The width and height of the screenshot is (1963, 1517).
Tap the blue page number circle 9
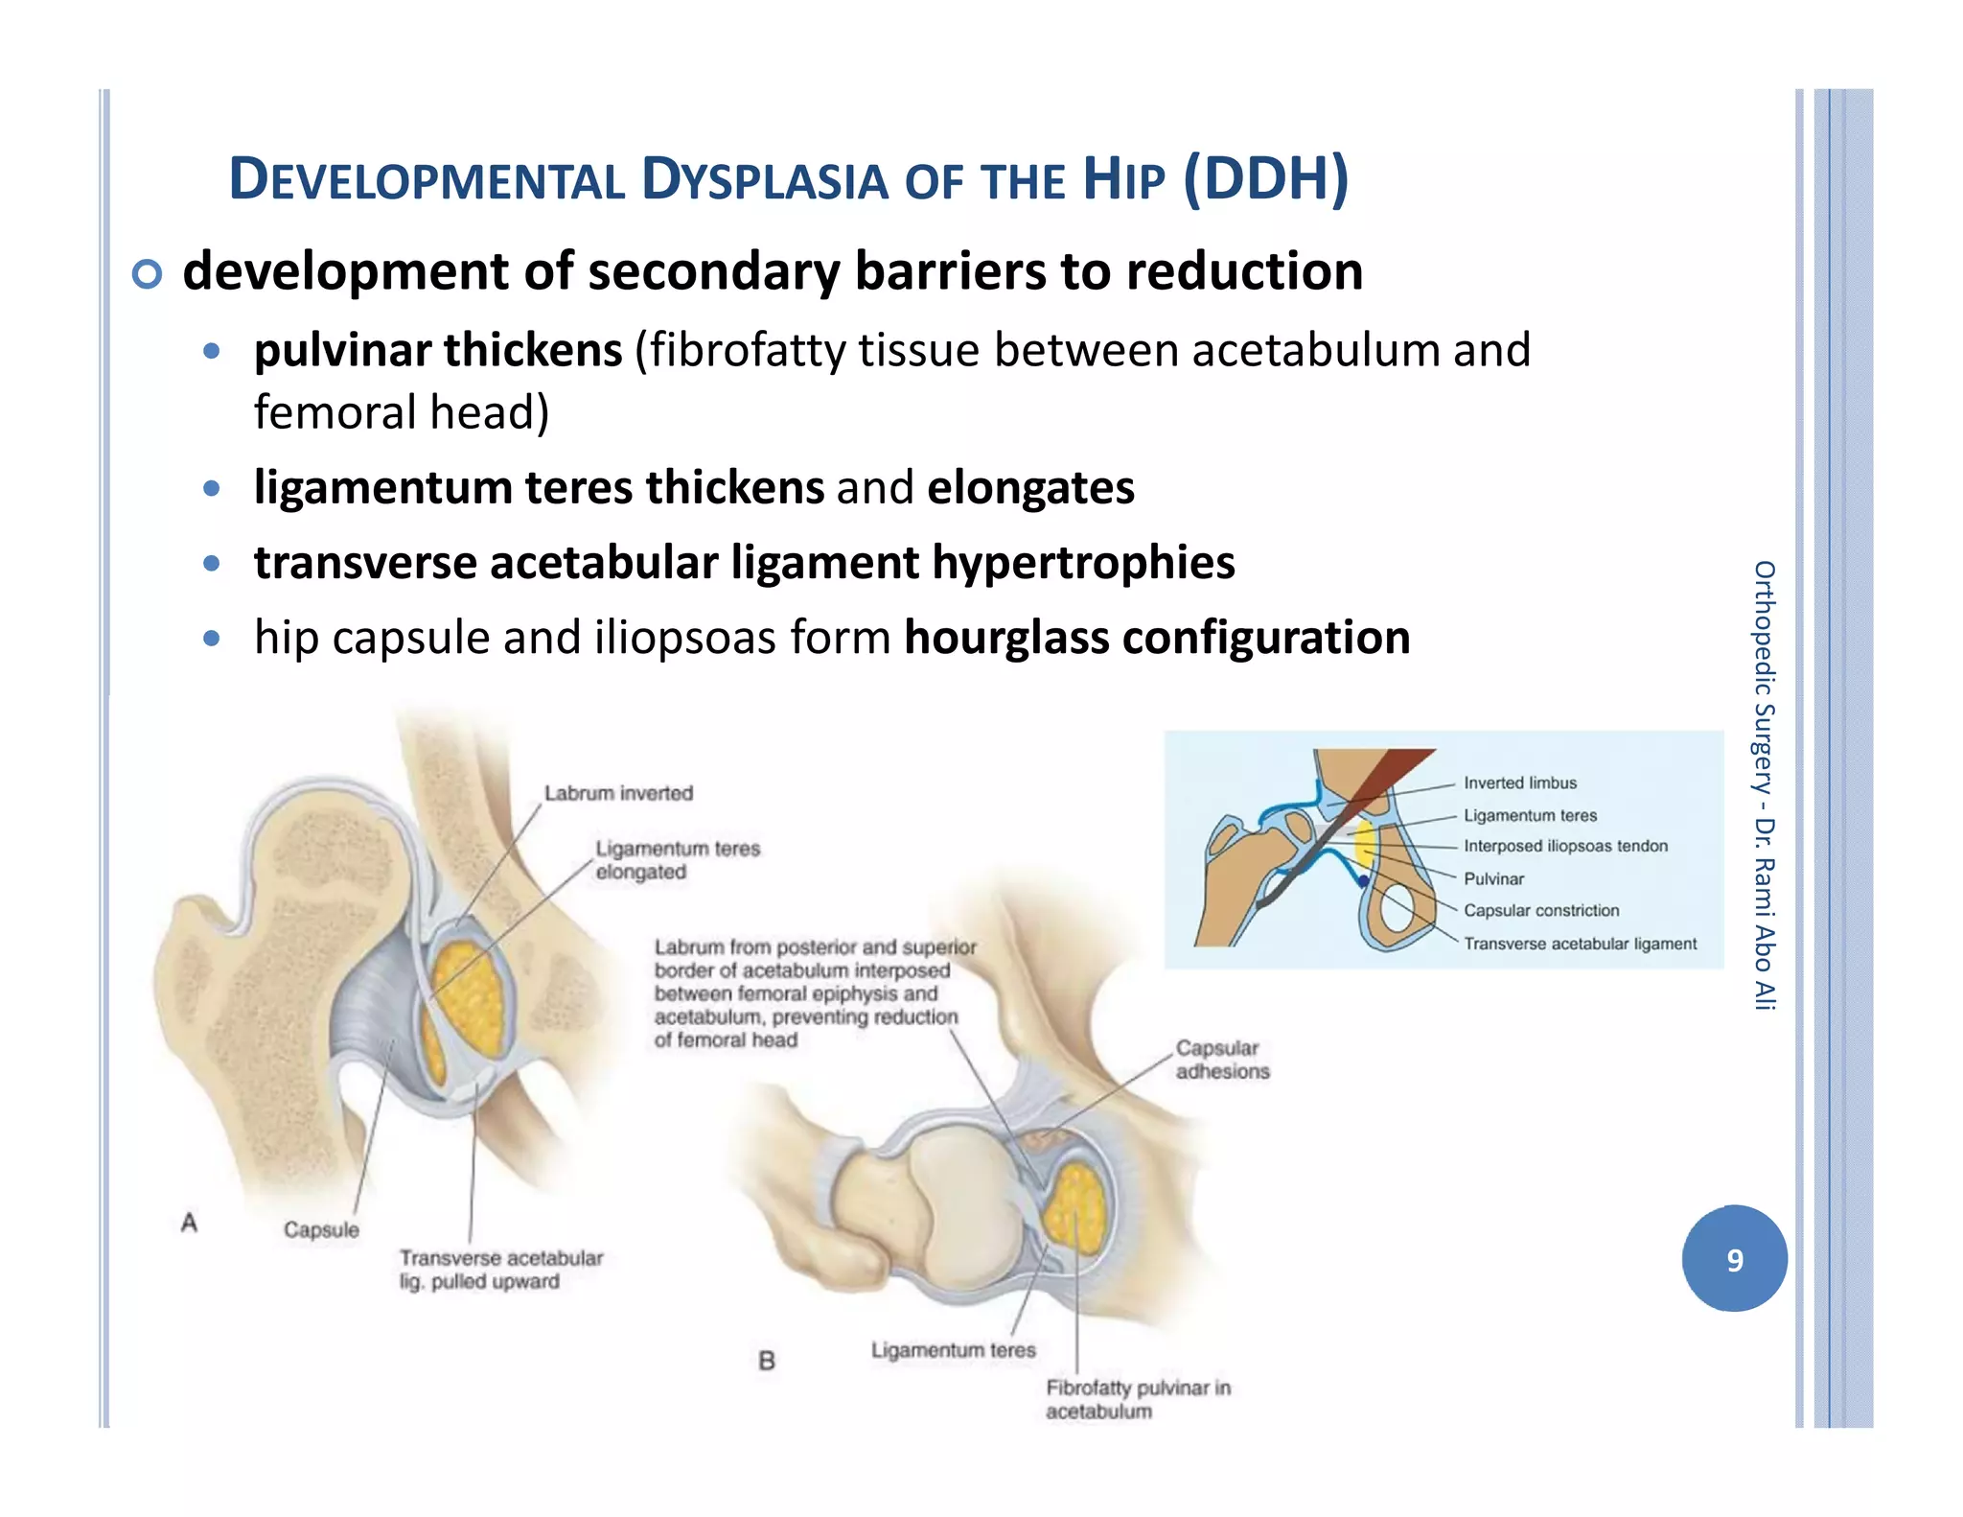[1734, 1259]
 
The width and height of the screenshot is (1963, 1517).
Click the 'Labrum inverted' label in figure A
[618, 793]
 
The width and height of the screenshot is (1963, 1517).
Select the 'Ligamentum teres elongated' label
[677, 860]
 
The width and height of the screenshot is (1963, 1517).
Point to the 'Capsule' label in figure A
[321, 1229]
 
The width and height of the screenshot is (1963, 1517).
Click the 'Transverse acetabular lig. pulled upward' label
[500, 1270]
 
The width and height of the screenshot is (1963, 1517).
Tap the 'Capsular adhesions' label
[1222, 1060]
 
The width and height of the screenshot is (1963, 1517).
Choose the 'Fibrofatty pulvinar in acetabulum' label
[1138, 1399]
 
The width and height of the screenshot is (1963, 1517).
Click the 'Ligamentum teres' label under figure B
[953, 1350]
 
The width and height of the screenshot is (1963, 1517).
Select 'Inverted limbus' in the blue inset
[1519, 783]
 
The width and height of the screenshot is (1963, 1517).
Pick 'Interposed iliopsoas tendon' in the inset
[1565, 846]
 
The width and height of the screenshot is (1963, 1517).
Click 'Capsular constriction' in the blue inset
[1540, 910]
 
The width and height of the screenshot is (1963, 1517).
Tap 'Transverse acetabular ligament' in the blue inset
[1580, 944]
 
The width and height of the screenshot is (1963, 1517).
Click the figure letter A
[190, 1223]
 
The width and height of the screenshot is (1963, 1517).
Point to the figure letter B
[767, 1361]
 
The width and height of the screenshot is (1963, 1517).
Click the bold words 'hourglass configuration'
[1157, 638]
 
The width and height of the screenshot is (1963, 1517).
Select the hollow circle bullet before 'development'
[147, 274]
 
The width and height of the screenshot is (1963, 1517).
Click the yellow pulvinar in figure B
[1078, 1210]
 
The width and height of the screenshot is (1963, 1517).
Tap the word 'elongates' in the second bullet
[1030, 487]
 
